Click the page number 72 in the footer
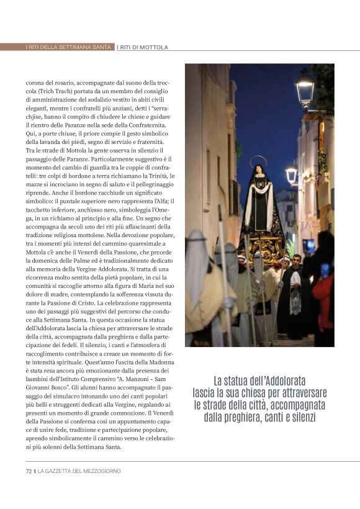coord(29,471)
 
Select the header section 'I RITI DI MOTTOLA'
coord(143,47)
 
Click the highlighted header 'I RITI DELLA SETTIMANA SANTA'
coord(69,47)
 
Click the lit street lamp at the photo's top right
coord(304,88)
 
